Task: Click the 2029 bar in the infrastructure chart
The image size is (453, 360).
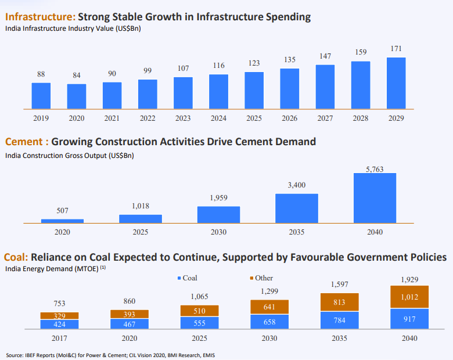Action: (396, 83)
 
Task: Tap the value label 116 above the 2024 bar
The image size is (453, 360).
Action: (218, 66)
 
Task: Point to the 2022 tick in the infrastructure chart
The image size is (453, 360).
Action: (148, 118)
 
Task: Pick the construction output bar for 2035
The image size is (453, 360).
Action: (297, 208)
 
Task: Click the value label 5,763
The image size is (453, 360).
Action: (375, 168)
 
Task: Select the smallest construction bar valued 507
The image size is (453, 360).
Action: (62, 221)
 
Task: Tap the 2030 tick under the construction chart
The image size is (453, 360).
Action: (218, 232)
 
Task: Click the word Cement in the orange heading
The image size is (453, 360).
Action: (23, 141)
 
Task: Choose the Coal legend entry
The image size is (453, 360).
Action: (186, 278)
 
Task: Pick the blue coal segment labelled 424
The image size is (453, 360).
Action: (59, 324)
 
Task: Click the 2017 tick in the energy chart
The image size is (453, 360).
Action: (59, 338)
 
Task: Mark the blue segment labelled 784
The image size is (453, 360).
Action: (340, 320)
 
